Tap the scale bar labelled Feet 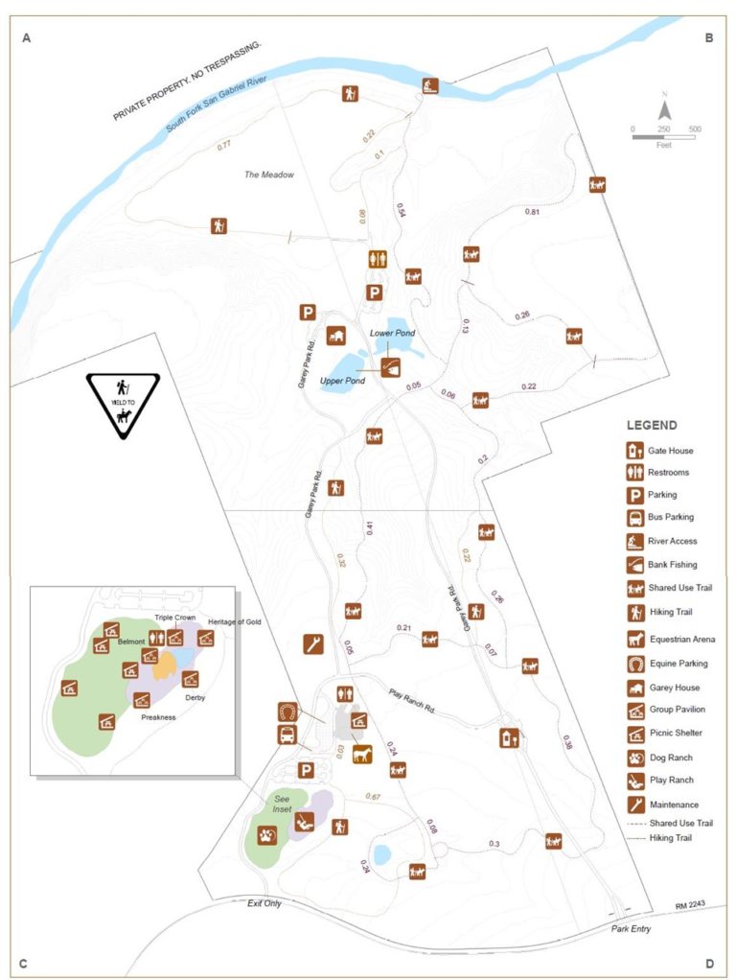(663, 136)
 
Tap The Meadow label (268, 175)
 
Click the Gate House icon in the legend (632, 450)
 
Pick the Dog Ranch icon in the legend (632, 757)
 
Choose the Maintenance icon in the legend (632, 804)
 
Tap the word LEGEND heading (652, 425)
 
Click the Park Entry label (631, 928)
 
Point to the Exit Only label (264, 903)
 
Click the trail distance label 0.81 (533, 211)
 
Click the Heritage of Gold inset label (234, 622)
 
